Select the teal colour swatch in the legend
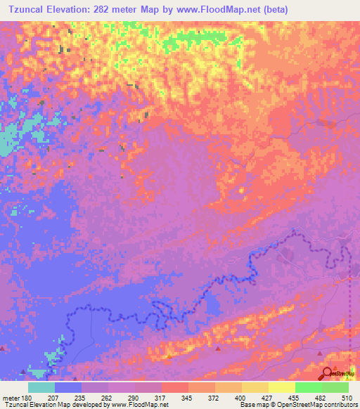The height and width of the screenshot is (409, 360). (41, 387)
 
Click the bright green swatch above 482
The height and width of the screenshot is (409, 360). (309, 387)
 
